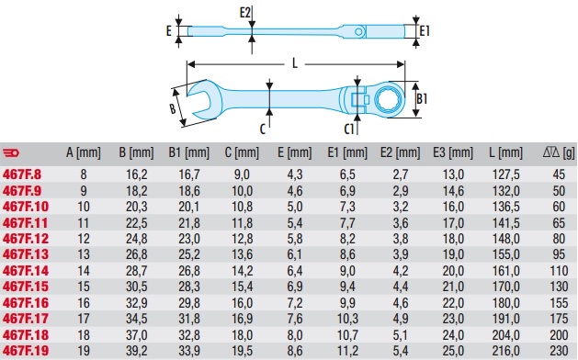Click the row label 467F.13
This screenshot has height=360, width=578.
coord(26,254)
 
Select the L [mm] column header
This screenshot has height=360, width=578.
coord(505,152)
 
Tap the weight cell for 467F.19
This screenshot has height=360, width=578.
coord(559,351)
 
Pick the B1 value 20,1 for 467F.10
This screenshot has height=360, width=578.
coord(189,207)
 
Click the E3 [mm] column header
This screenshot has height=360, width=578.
coord(453,152)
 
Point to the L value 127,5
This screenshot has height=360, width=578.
coord(505,174)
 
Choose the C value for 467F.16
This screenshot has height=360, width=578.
coord(243,303)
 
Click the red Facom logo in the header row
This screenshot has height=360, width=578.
coord(11,152)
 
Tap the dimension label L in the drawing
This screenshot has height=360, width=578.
coord(295,63)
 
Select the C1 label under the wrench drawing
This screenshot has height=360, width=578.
coord(348,129)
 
